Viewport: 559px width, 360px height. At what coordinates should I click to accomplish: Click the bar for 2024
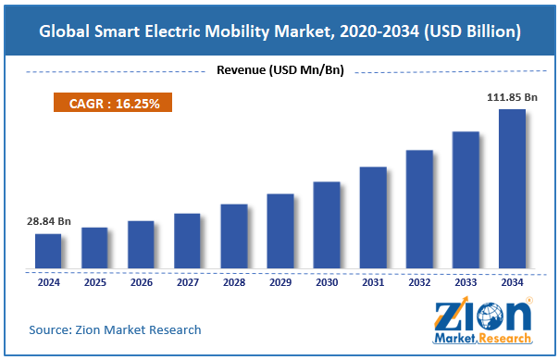coord(48,251)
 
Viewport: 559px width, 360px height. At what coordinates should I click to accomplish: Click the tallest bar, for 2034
coord(512,189)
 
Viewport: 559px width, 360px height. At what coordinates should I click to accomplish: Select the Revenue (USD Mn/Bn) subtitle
coord(279,70)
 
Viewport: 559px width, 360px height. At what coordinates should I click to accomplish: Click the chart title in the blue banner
coord(279,31)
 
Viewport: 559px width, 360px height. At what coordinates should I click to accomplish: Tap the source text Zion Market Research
coord(116,329)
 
